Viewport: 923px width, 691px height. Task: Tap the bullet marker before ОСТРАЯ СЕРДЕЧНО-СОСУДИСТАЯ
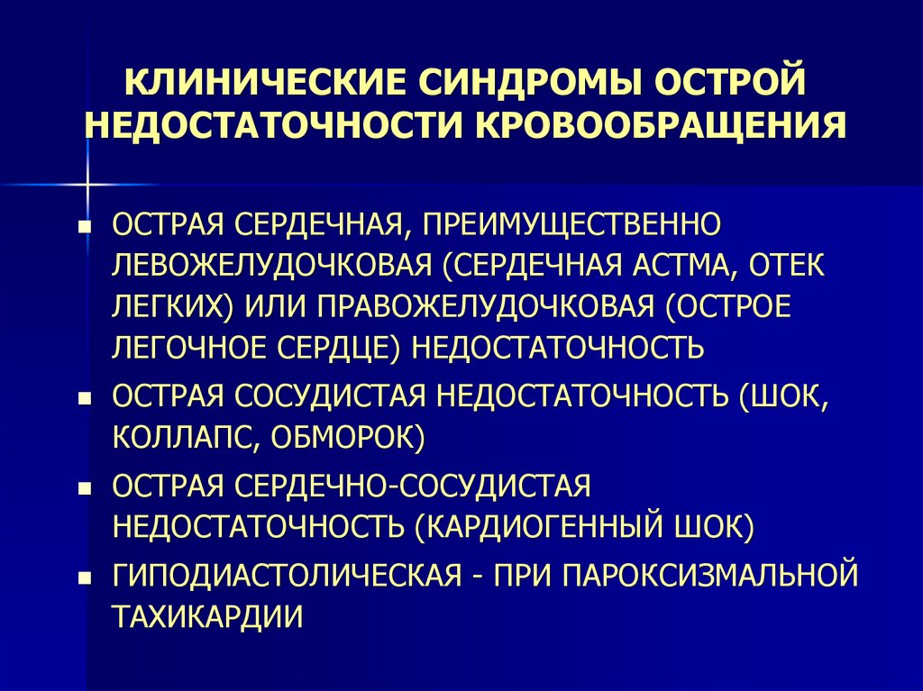point(85,488)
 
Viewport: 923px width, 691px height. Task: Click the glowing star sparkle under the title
point(87,184)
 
